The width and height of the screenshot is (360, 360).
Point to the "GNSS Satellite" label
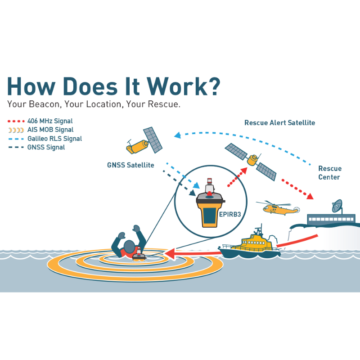[x=130, y=165]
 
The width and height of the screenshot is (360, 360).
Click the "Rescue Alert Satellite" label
[x=279, y=122]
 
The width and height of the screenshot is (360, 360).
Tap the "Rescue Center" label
[x=330, y=173]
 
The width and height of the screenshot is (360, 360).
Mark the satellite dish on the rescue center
[x=337, y=206]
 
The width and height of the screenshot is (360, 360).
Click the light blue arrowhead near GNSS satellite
[x=177, y=135]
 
